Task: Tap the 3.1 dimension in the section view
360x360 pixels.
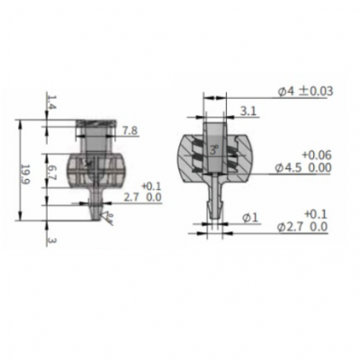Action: [248, 112]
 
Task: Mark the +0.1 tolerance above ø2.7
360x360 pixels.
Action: [315, 213]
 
